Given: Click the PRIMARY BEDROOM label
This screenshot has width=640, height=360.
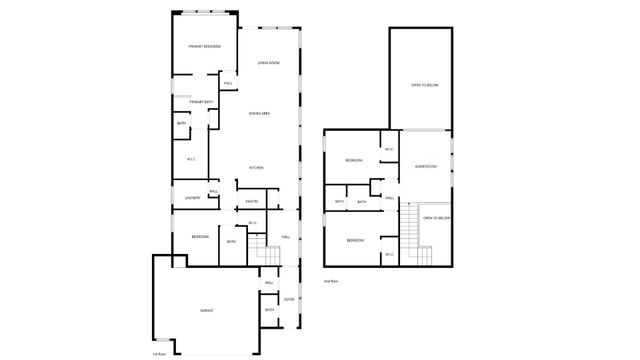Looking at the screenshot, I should [x=205, y=47].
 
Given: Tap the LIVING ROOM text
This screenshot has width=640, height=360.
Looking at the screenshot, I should [x=268, y=63].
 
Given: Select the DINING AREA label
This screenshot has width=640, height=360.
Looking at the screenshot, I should [x=260, y=114].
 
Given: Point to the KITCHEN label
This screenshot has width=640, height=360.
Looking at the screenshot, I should [x=256, y=168].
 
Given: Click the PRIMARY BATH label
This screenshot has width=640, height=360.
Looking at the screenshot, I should [x=201, y=102].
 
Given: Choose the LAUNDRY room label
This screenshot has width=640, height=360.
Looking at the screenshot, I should [x=192, y=197].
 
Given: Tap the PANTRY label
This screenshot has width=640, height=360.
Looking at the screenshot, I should [x=252, y=202].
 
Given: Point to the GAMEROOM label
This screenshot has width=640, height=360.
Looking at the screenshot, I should [x=427, y=166].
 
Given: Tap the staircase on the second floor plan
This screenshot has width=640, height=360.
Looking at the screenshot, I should [x=410, y=233].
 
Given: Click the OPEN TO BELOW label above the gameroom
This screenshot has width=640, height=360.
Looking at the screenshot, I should [x=424, y=86].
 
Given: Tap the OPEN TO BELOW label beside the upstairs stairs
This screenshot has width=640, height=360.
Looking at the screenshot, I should [x=436, y=218].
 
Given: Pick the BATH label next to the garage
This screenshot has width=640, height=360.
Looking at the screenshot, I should [x=269, y=311].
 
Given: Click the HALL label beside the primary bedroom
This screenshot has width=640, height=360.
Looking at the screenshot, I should [x=228, y=83].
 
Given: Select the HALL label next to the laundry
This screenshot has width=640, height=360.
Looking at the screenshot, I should [x=213, y=191].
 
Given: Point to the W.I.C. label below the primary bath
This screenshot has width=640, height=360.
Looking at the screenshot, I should [x=191, y=159].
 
